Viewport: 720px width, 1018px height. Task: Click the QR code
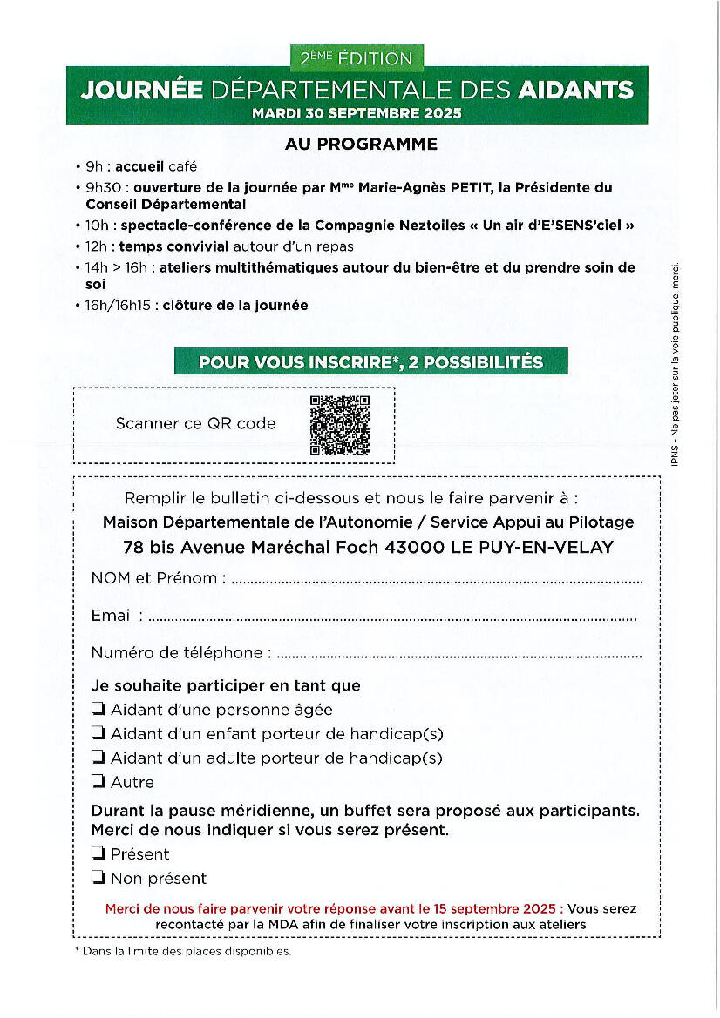pyautogui.click(x=340, y=425)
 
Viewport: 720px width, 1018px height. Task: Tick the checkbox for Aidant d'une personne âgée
pyautogui.click(x=98, y=709)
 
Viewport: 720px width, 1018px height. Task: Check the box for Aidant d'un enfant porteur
pyautogui.click(x=98, y=733)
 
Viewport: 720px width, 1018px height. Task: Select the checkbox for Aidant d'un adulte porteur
pyautogui.click(x=98, y=758)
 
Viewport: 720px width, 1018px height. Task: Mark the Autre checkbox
pyautogui.click(x=98, y=782)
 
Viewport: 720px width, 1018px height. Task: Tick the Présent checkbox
pyautogui.click(x=98, y=853)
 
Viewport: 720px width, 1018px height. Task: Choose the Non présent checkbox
pyautogui.click(x=98, y=878)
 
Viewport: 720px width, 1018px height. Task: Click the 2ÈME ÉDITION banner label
pyautogui.click(x=357, y=58)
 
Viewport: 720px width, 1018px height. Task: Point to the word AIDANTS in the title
pyautogui.click(x=575, y=90)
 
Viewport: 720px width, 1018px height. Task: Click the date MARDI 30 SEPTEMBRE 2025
pyautogui.click(x=357, y=113)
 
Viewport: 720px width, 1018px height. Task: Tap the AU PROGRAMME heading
pyautogui.click(x=361, y=145)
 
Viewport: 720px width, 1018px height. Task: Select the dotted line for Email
pyautogui.click(x=392, y=618)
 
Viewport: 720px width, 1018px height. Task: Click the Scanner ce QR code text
pyautogui.click(x=195, y=424)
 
